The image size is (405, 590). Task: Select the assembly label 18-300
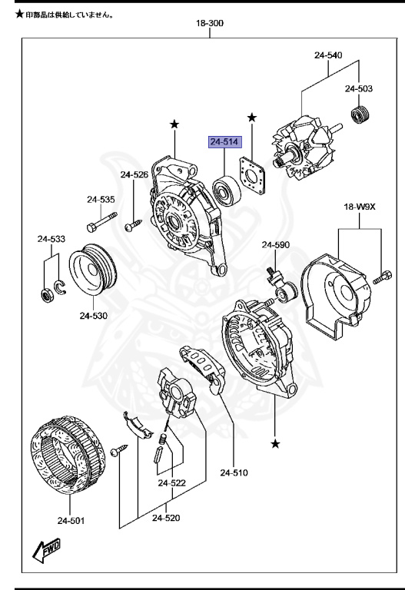pos(210,24)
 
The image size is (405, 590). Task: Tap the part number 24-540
pos(328,55)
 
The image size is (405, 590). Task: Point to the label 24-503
pos(358,89)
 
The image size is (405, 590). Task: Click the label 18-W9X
pos(358,207)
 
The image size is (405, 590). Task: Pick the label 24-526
pos(134,174)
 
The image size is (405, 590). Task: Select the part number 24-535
pos(101,200)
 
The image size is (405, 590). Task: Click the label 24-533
pos(51,239)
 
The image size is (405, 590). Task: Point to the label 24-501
pos(69,522)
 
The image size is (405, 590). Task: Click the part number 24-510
pos(234,472)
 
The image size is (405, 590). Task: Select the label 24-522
pos(172,482)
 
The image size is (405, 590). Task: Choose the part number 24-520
pos(165,518)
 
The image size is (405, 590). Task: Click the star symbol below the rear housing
pos(275,444)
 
